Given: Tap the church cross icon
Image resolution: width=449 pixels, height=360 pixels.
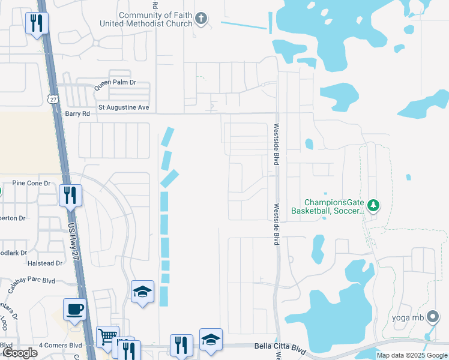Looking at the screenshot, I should pos(202,19).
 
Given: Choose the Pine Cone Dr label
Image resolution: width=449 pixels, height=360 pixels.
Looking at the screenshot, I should pos(31,183).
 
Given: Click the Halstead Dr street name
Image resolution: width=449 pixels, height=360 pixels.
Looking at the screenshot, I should pos(45,263).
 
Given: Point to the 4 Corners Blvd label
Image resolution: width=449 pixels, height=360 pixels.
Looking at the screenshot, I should pos(60,345).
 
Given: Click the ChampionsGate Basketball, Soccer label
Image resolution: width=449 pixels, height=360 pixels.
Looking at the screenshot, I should pos(327,207).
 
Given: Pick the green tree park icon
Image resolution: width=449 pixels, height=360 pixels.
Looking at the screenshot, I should pos(373,206).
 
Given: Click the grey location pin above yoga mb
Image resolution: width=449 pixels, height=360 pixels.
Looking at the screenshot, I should pos(432,319).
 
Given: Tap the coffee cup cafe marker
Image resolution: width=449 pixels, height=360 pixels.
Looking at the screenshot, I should pos(75,310).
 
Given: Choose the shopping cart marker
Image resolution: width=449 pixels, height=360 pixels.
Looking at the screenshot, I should pos(107,337).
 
